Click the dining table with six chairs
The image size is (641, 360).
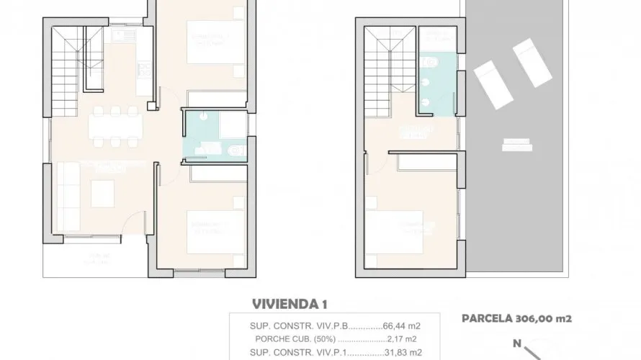[115, 127]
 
